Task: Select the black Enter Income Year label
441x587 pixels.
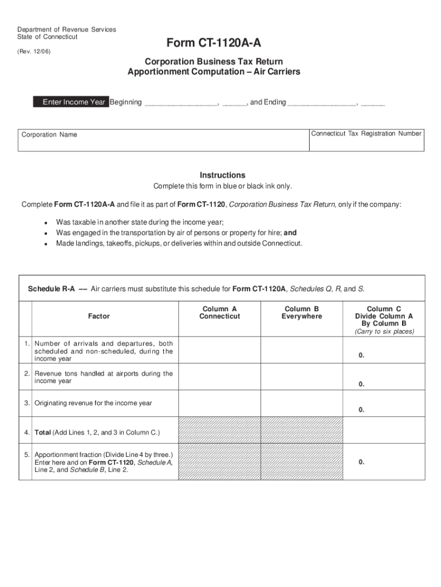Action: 74,102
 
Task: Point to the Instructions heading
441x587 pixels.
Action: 222,175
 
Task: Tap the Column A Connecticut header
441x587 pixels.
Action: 219,312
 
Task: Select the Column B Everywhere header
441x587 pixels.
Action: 302,312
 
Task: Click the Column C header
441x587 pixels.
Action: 384,316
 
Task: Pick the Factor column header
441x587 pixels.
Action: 99,316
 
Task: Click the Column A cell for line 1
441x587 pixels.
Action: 219,350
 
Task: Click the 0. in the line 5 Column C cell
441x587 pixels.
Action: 361,462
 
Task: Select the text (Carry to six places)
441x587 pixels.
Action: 384,331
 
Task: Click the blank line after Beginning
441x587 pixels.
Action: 181,103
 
